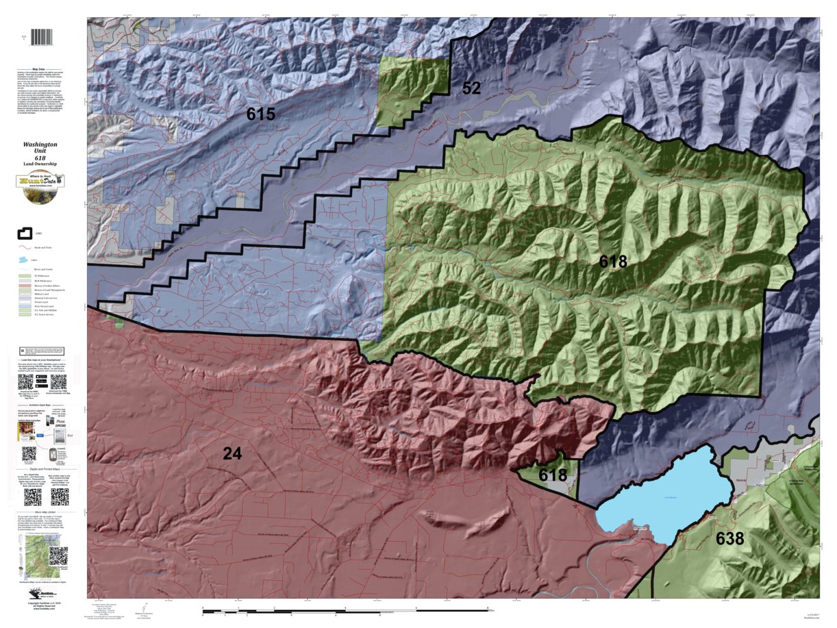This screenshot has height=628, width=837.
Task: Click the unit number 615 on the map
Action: [x=261, y=114]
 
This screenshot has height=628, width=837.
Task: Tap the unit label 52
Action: [x=471, y=88]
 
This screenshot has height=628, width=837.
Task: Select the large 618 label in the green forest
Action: [x=613, y=262]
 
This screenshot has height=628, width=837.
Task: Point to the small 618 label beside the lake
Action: [x=553, y=475]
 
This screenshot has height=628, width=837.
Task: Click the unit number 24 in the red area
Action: [x=232, y=453]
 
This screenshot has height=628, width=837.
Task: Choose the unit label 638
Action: [x=730, y=539]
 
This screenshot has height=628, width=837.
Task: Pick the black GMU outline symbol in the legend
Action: [x=24, y=235]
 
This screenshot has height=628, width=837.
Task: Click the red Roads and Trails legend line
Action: [x=24, y=247]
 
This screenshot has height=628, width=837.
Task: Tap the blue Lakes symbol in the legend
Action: [x=24, y=260]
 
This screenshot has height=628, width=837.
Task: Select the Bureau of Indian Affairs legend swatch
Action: [x=24, y=282]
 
